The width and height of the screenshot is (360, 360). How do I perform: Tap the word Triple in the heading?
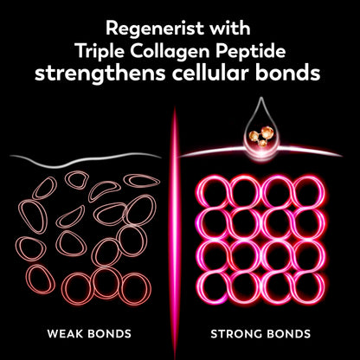(100, 51)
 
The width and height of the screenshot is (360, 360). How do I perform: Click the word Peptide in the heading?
(250, 52)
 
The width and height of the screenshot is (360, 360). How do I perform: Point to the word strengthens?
(100, 74)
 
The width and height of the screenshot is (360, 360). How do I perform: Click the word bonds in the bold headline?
(287, 73)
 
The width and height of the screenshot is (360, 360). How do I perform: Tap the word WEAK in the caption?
(65, 334)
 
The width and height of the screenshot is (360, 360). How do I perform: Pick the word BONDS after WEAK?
(109, 334)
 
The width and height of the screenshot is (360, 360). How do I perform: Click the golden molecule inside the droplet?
(261, 136)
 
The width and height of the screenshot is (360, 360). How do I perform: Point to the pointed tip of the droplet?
(261, 98)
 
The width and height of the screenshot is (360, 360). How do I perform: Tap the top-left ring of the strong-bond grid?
(214, 191)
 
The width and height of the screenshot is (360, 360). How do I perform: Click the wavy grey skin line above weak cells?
(85, 161)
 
